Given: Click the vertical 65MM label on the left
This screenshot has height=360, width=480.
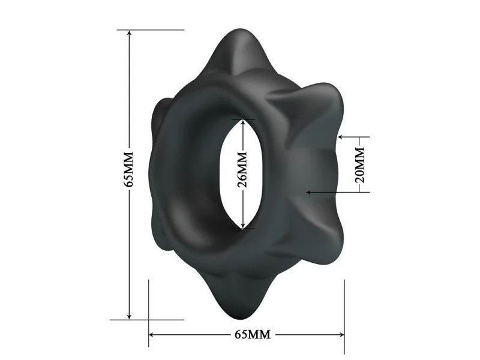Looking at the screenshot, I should coord(127,174).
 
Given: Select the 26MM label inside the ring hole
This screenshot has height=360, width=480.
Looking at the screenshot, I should coord(242,174).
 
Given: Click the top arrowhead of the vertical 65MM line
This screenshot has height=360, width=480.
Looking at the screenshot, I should coord(128,34).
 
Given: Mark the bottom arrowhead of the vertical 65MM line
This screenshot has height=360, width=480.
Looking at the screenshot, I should coord(128,316).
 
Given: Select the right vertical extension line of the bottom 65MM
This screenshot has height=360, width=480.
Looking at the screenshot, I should coord(344,312).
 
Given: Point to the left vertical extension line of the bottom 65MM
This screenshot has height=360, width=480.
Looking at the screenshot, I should coord(149,312).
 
